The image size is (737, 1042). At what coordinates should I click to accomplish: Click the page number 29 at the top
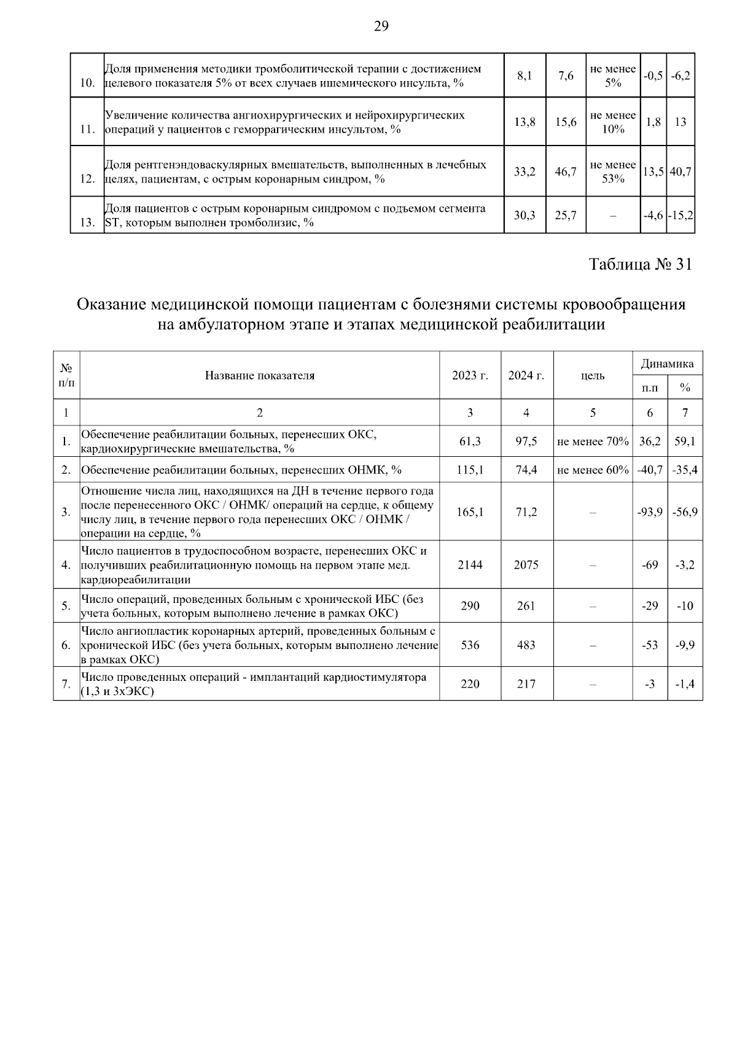tap(381, 26)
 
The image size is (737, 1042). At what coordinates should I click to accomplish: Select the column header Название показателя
tap(260, 376)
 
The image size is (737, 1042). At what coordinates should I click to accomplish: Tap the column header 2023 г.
tap(470, 376)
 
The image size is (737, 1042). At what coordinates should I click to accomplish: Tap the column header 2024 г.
tap(526, 376)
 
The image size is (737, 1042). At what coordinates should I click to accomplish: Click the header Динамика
tap(667, 364)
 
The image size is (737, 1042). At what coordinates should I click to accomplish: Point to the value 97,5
tap(526, 441)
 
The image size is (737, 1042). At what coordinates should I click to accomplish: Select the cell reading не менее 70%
tap(593, 441)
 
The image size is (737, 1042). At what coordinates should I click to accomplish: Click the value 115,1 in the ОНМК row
tap(470, 470)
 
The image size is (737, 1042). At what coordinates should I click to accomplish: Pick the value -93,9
tap(650, 512)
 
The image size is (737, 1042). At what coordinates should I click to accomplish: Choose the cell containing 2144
tap(470, 565)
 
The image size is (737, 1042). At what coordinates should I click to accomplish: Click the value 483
tap(526, 645)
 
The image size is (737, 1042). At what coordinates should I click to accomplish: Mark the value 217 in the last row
tap(526, 684)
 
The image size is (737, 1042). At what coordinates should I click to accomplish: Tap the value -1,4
tap(685, 684)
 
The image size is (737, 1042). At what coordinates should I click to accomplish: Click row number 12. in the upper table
tap(87, 179)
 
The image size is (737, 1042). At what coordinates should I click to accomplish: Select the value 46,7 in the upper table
tap(566, 172)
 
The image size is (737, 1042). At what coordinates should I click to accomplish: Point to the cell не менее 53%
tap(612, 172)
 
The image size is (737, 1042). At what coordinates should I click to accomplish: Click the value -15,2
tap(680, 216)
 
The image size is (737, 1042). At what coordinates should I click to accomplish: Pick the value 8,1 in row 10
tap(524, 76)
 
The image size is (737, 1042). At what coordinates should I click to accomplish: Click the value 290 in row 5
tap(470, 606)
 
